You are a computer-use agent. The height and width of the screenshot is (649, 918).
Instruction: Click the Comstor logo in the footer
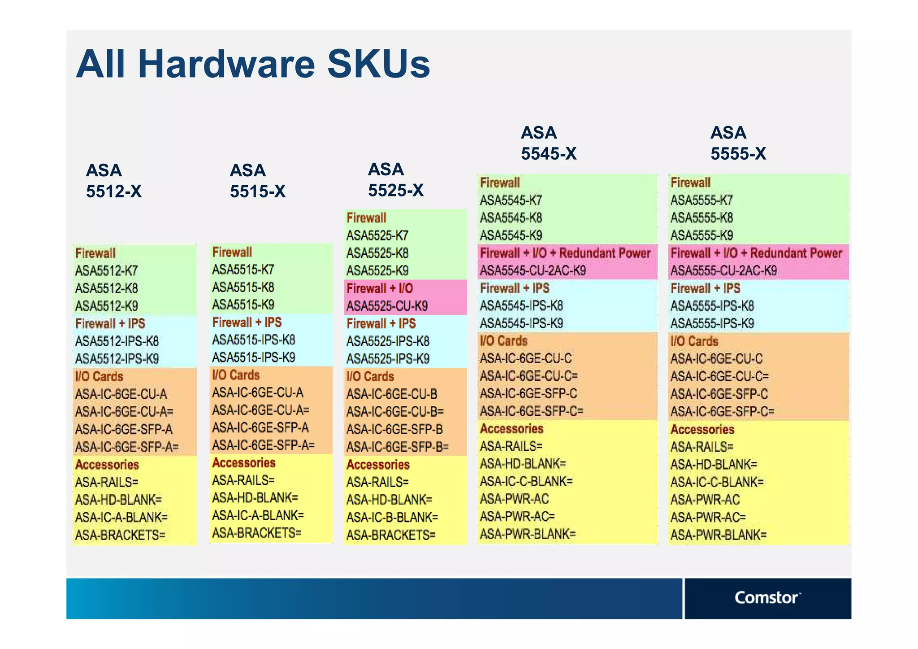[767, 598]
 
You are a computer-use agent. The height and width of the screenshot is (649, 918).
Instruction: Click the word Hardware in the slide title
[227, 64]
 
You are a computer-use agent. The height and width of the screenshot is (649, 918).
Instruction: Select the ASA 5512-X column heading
[114, 181]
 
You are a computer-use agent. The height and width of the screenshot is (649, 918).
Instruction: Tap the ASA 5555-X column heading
[738, 143]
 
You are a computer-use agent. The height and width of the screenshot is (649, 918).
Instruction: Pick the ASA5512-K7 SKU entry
[107, 271]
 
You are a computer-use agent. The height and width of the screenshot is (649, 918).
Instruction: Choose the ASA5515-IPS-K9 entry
[253, 357]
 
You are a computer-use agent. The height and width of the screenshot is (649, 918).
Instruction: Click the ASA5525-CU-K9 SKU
[387, 306]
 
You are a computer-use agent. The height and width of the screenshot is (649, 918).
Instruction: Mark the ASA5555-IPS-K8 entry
[712, 306]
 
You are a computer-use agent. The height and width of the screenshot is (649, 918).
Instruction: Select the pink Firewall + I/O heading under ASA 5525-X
[380, 288]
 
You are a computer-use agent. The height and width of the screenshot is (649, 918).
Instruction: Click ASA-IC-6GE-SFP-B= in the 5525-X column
[398, 447]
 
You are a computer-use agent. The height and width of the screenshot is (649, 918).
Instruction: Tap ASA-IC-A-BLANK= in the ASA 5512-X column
[121, 518]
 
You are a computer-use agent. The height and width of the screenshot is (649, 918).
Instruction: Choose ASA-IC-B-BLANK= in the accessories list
[392, 518]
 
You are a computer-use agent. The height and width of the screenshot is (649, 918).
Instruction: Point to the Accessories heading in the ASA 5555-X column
[702, 430]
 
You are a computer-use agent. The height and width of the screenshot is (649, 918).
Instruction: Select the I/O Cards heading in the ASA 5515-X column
[236, 375]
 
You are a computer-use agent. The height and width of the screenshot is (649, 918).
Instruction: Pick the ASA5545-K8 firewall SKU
[511, 218]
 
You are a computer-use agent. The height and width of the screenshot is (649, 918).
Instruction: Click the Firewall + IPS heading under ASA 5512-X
[110, 323]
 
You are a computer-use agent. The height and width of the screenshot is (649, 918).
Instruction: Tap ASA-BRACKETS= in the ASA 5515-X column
[256, 533]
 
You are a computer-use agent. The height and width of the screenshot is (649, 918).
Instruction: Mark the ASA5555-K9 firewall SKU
[701, 235]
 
